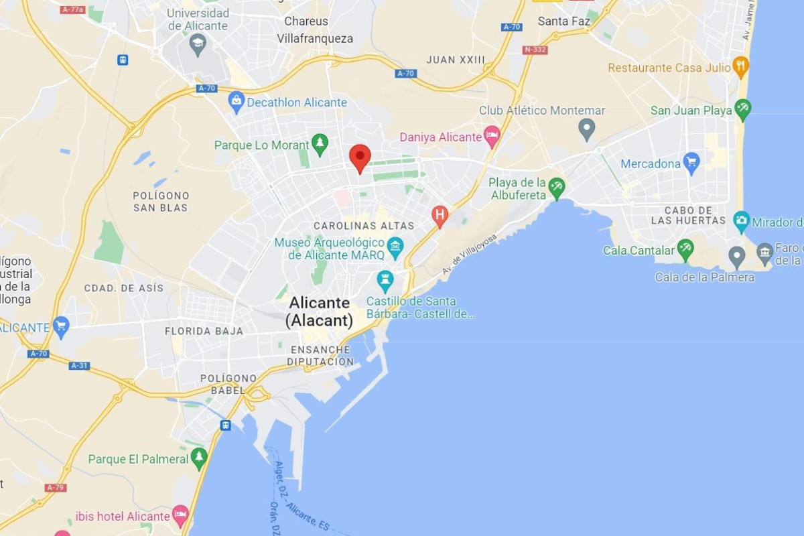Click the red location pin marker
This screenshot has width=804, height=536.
pos(360,157)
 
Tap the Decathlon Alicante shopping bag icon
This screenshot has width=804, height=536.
pos(236,103)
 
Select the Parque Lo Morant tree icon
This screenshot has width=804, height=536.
pos(320,144)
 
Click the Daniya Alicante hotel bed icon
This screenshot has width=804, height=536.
pos(492,136)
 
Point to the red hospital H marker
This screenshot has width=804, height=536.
pos(440,215)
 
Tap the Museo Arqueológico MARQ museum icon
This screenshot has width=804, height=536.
pos(395,247)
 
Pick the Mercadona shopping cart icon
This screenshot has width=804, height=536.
pos(691,163)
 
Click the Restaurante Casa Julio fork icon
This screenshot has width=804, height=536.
pos(740,66)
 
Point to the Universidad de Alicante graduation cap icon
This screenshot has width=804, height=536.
pos(198,44)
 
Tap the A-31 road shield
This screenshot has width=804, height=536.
pos(79,365)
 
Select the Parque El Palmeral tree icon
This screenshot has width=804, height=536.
pos(199,458)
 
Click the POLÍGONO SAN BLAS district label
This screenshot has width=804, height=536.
pos(161,202)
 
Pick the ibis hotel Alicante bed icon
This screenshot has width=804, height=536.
pos(180,516)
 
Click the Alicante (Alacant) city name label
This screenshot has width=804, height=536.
pos(320,312)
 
